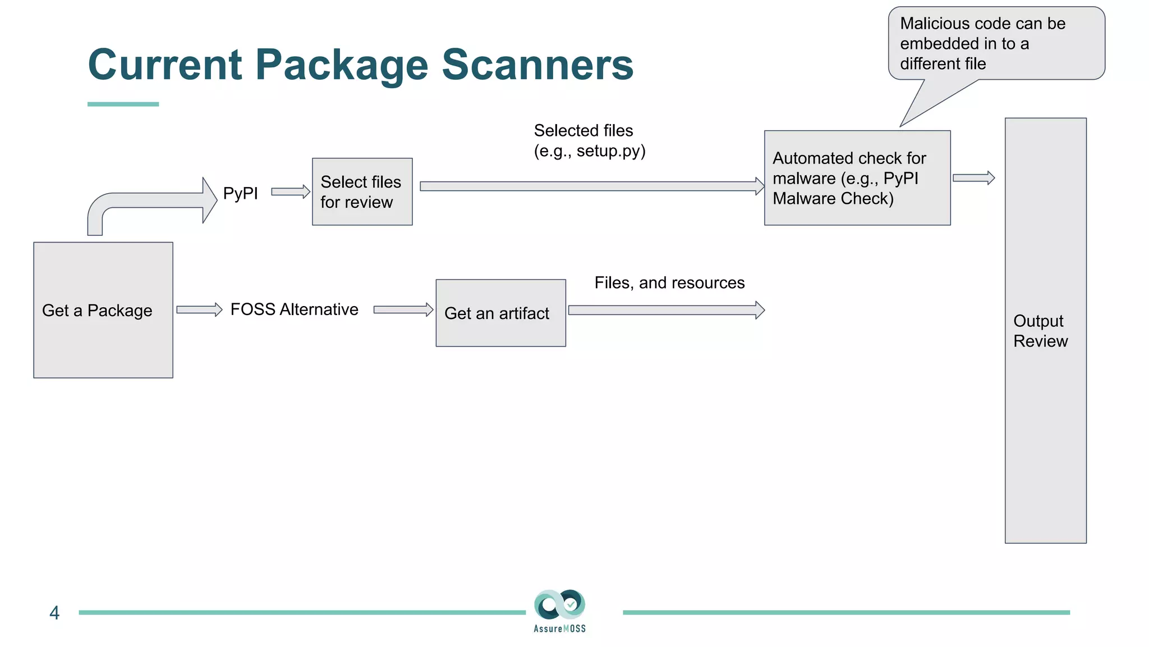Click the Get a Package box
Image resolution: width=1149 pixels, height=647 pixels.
103,310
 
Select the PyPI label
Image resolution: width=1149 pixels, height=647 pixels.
240,193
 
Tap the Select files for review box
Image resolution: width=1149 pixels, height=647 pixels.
362,192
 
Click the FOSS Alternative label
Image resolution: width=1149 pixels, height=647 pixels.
294,309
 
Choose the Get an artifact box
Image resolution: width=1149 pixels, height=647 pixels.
500,313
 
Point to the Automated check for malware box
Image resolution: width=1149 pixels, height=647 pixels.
857,178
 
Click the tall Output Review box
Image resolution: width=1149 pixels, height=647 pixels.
1045,330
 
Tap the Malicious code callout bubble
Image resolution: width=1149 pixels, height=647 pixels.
996,44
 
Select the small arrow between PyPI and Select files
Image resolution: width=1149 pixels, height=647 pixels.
290,192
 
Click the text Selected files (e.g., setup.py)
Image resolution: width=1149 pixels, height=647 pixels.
589,140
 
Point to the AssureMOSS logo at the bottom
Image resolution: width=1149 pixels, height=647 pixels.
559,611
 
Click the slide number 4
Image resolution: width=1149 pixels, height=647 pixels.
54,613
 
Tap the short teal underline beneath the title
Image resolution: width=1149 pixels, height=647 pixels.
123,104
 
